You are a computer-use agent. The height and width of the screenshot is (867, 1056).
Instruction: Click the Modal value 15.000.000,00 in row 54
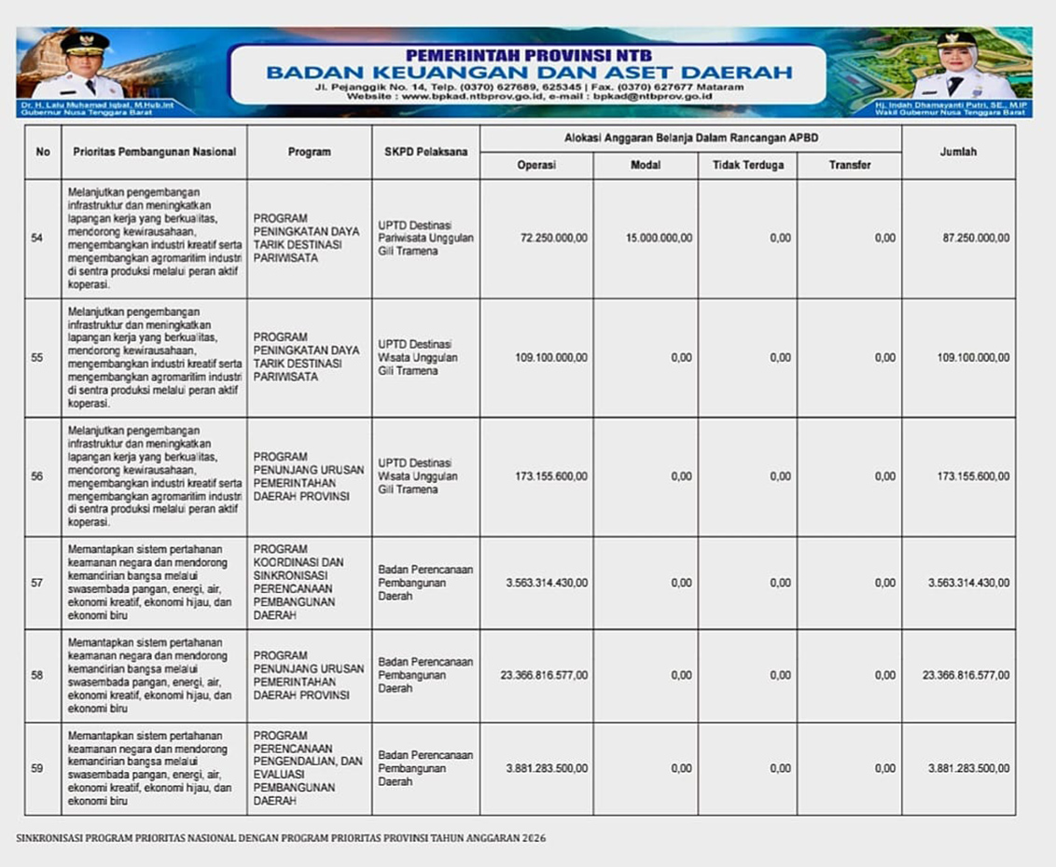pyautogui.click(x=659, y=239)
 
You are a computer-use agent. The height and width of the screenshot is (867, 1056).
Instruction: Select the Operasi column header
pyautogui.click(x=536, y=165)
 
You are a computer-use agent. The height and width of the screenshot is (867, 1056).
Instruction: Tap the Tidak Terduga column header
pyautogui.click(x=747, y=165)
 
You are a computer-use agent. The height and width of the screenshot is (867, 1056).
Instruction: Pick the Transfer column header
pyautogui.click(x=849, y=165)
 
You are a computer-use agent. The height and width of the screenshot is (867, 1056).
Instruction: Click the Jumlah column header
pyautogui.click(x=958, y=152)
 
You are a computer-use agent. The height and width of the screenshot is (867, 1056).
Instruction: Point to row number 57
pyautogui.click(x=37, y=584)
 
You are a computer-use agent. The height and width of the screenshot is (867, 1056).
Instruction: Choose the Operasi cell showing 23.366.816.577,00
pyautogui.click(x=544, y=676)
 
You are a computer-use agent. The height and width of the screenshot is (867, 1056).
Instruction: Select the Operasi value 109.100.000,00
pyautogui.click(x=551, y=358)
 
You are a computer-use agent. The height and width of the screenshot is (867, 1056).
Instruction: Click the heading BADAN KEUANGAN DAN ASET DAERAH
pyautogui.click(x=529, y=73)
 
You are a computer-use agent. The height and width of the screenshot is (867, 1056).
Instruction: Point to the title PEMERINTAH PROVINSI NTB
pyautogui.click(x=529, y=55)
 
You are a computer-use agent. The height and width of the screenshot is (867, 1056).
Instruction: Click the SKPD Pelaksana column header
pyautogui.click(x=425, y=152)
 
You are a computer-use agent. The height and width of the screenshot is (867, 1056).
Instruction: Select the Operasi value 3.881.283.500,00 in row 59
pyautogui.click(x=547, y=769)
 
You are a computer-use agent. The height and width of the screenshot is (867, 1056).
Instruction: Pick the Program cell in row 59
pyautogui.click(x=309, y=769)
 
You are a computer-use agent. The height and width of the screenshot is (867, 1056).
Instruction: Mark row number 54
pyautogui.click(x=37, y=239)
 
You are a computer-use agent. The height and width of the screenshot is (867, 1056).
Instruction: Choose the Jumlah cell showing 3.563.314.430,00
pyautogui.click(x=968, y=584)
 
